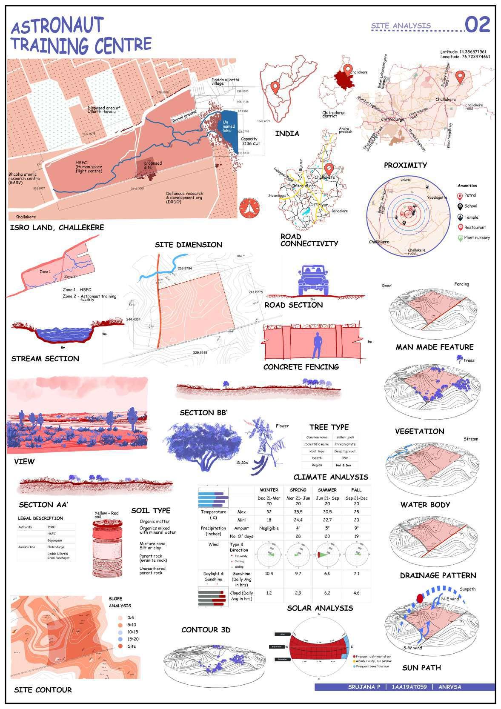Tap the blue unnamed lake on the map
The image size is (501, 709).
click(229, 128)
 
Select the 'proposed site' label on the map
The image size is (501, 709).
click(153, 165)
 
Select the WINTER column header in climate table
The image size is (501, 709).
click(269, 490)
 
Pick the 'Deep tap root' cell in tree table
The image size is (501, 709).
click(345, 451)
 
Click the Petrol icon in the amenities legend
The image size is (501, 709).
click(460, 196)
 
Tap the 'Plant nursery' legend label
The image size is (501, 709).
click(477, 237)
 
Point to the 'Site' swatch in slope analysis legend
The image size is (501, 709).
click(120, 646)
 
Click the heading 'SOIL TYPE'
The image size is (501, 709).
click(151, 511)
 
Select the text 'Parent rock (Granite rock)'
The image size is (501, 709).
click(153, 558)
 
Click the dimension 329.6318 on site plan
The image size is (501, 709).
click(200, 352)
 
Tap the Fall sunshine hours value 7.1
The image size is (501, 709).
click(356, 574)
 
